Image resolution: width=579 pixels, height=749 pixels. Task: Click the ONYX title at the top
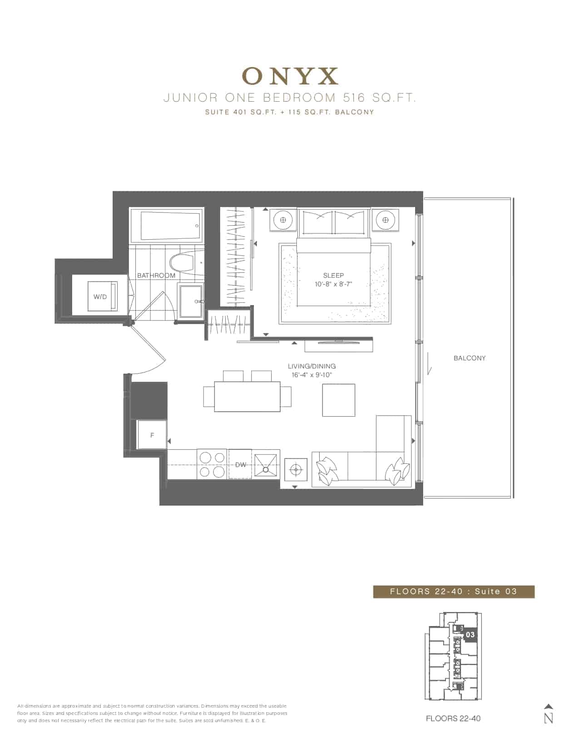[x=290, y=76]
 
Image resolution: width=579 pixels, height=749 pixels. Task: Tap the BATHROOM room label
[x=156, y=276]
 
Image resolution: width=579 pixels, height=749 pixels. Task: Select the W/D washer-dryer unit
[x=103, y=296]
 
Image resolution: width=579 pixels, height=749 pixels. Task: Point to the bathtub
[x=170, y=226]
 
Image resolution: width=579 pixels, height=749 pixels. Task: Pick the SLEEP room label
[x=333, y=276]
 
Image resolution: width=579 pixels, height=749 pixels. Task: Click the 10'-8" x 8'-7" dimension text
[x=333, y=284]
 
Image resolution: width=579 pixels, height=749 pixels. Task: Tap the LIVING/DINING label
[x=312, y=366]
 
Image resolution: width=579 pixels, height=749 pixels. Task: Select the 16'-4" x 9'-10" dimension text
[x=312, y=375]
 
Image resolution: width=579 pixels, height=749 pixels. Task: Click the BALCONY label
[x=470, y=358]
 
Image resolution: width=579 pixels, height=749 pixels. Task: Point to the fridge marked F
[x=152, y=435]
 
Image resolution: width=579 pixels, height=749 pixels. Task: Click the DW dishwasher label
[x=240, y=465]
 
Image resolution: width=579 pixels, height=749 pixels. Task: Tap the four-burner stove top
[x=212, y=464]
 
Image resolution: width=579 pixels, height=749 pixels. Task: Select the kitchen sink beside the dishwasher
[x=266, y=465]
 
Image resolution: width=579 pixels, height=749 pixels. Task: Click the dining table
[x=247, y=396]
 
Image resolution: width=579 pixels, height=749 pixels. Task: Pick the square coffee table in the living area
[x=338, y=400]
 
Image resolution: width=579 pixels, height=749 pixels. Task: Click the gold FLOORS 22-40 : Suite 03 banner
[x=454, y=591]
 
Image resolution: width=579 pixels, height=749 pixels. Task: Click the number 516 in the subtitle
[x=354, y=98]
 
